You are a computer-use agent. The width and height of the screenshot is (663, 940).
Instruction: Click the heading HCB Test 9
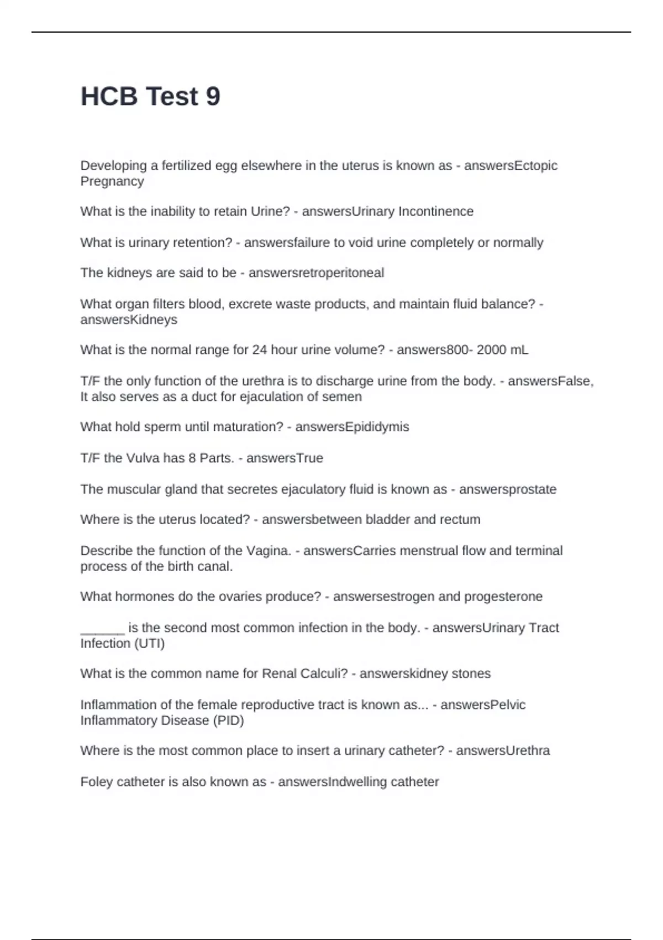pyautogui.click(x=150, y=96)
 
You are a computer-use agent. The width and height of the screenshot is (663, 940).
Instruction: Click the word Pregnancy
pyautogui.click(x=112, y=181)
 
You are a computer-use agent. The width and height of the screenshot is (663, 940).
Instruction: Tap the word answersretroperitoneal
pyautogui.click(x=316, y=273)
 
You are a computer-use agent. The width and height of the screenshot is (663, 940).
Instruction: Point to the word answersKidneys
pyautogui.click(x=129, y=320)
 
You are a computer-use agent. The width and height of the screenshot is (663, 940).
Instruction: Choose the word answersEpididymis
pyautogui.click(x=352, y=427)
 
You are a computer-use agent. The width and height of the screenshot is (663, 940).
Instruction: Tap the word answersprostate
pyautogui.click(x=508, y=489)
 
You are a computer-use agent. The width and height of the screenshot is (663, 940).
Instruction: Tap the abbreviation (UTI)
pyautogui.click(x=149, y=643)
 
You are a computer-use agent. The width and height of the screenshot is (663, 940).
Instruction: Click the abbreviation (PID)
pyautogui.click(x=228, y=720)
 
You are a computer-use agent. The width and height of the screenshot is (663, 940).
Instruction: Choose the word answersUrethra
pyautogui.click(x=503, y=750)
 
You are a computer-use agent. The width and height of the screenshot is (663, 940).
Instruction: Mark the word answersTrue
pyautogui.click(x=285, y=458)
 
